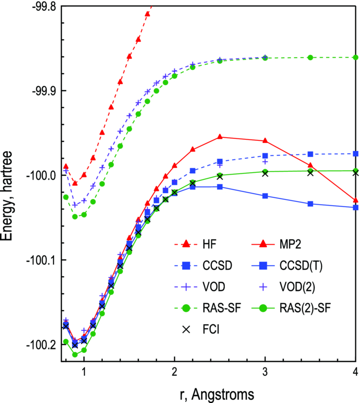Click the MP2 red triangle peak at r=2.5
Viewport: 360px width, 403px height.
tap(220, 137)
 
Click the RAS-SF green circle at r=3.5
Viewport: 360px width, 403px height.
tap(311, 57)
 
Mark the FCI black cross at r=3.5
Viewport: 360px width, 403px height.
tap(311, 173)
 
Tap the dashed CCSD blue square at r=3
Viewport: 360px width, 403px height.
tap(265, 156)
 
